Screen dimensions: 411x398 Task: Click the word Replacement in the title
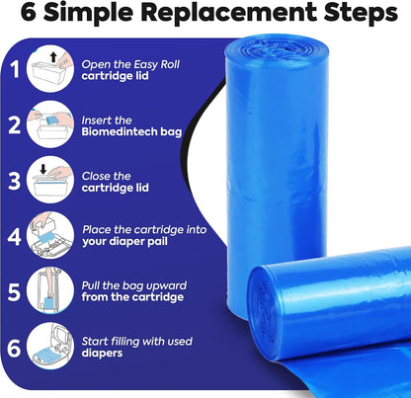click(x=227, y=13)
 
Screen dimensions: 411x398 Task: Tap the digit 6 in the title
click(x=29, y=13)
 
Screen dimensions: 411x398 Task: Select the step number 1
click(x=15, y=69)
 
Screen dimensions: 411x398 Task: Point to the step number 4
click(x=14, y=236)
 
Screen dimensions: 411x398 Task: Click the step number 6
click(x=14, y=348)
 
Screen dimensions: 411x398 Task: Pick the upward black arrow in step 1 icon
click(x=53, y=58)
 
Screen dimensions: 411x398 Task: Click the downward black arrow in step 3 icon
click(x=43, y=169)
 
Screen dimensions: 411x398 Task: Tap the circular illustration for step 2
click(x=50, y=124)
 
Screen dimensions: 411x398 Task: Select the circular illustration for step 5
click(x=50, y=291)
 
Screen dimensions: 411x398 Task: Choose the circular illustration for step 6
click(x=50, y=347)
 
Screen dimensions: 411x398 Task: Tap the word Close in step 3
click(x=93, y=176)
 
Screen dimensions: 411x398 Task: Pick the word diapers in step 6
click(x=102, y=354)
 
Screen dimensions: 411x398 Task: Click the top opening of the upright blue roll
click(x=276, y=48)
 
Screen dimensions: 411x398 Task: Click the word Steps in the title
click(x=361, y=14)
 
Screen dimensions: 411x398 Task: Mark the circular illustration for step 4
click(x=50, y=236)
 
